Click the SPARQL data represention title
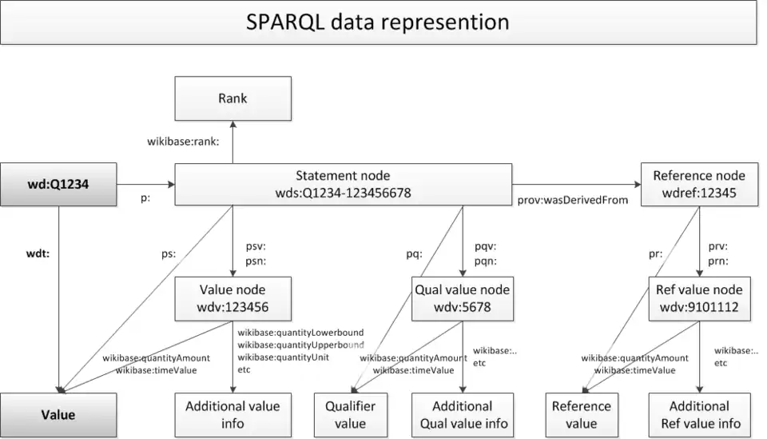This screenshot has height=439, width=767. pos(378,22)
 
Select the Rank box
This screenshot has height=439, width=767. pos(232,98)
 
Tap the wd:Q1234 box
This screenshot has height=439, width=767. pos(58,184)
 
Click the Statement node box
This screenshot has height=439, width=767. pos(343,184)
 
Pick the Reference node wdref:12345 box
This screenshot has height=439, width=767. pos(699,184)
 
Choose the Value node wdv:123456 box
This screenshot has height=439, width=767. pos(232,298)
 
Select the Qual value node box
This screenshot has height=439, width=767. pos(463,298)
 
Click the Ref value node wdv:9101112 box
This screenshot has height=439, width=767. pos(699,298)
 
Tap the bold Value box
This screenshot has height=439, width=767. pos(58,414)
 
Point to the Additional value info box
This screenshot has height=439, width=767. pos(232,414)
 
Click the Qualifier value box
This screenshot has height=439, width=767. pos(350,414)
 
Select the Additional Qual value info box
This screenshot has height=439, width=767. pos(463,414)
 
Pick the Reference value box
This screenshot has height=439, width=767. pos(581,414)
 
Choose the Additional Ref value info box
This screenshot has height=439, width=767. pos(699,414)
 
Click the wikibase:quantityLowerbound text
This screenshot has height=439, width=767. pos(300,333)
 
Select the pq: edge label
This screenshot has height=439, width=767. pos(415,254)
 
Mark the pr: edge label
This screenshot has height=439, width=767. pos(655,254)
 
